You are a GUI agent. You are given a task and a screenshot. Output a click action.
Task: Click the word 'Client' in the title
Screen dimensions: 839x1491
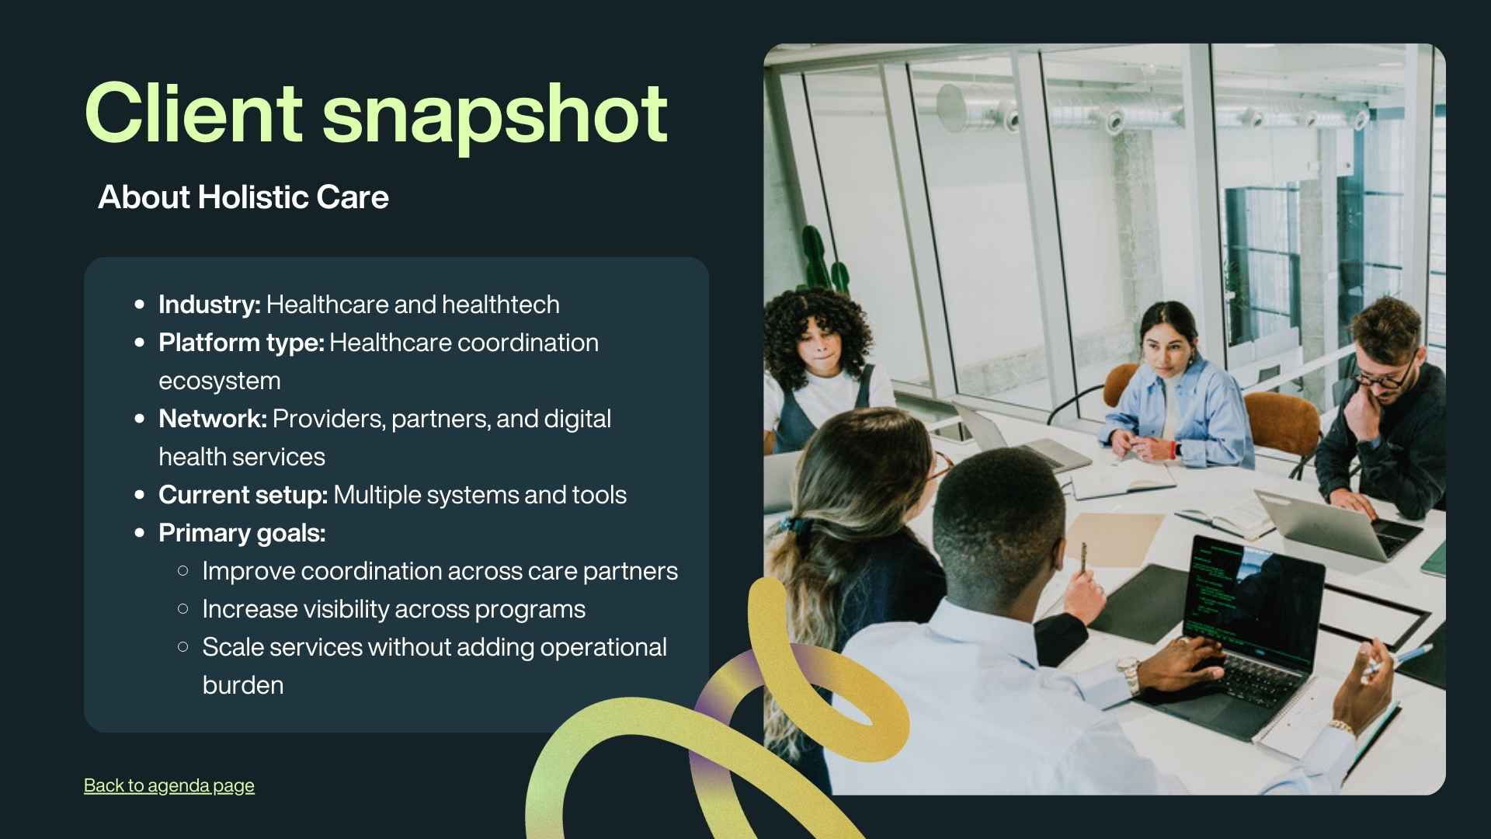pyautogui.click(x=193, y=113)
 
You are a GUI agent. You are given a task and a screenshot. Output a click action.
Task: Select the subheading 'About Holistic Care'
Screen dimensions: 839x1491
pyautogui.click(x=243, y=197)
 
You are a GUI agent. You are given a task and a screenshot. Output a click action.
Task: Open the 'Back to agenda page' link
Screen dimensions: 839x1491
pyautogui.click(x=169, y=785)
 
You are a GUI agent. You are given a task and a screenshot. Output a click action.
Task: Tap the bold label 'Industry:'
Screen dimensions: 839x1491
pyautogui.click(x=210, y=305)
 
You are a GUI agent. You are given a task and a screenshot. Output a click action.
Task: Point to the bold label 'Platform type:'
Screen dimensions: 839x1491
pyautogui.click(x=242, y=343)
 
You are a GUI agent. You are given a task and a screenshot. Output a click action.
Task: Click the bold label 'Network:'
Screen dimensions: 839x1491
pyautogui.click(x=213, y=419)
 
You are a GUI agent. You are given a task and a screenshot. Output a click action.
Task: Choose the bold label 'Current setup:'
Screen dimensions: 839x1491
pyautogui.click(x=243, y=495)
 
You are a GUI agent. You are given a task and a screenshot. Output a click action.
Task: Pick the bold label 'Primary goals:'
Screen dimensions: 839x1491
pyautogui.click(x=242, y=533)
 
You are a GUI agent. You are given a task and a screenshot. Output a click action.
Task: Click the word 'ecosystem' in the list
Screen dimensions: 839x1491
pyautogui.click(x=220, y=381)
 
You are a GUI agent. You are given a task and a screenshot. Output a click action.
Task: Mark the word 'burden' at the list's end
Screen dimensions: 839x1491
pyautogui.click(x=243, y=685)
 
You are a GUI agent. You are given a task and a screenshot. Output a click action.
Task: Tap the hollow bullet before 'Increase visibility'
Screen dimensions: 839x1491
pyautogui.click(x=183, y=609)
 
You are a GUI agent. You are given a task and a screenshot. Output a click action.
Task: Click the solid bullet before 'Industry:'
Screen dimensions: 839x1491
pyautogui.click(x=140, y=305)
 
